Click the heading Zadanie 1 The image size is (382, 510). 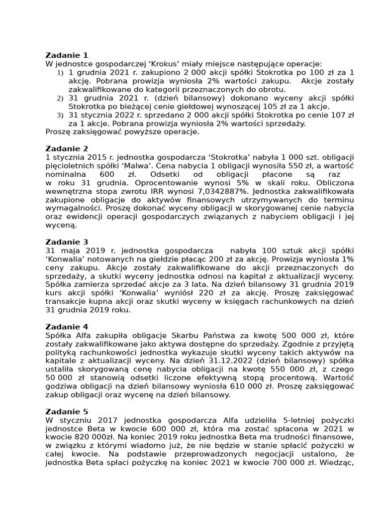pos(67,55)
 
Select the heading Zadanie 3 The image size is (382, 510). pos(67,242)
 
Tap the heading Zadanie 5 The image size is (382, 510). pos(67,411)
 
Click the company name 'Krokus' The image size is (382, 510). pos(153,64)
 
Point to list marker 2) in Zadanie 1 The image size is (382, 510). pos(60,98)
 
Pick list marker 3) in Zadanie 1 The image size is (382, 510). pos(60,115)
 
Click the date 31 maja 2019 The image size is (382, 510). pos(73,251)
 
